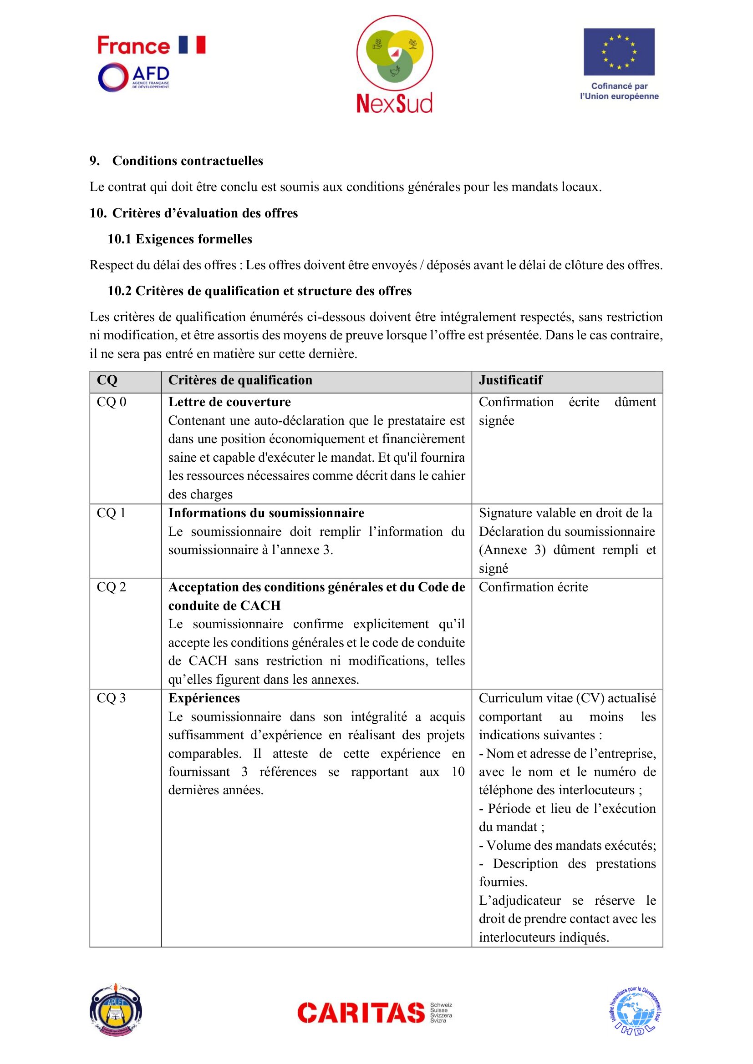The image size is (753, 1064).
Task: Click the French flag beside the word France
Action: click(x=192, y=45)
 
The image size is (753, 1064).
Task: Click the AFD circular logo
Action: click(x=112, y=77)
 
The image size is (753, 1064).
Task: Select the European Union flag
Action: click(x=619, y=52)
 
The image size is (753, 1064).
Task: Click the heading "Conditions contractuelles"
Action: click(x=187, y=161)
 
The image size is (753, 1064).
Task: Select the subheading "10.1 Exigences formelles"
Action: click(x=180, y=239)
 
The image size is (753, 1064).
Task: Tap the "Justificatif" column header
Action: click(x=510, y=380)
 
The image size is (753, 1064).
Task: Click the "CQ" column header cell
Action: click(x=107, y=380)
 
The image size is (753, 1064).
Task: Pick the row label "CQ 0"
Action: click(x=111, y=402)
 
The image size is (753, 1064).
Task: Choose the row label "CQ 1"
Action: click(x=111, y=513)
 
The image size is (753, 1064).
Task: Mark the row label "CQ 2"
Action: click(x=111, y=587)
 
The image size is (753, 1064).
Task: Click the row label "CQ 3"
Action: click(x=111, y=698)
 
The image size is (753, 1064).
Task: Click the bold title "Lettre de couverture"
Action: click(x=229, y=402)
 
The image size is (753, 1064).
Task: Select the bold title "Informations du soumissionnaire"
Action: click(x=266, y=513)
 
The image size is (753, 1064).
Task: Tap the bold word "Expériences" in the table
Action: click(x=204, y=698)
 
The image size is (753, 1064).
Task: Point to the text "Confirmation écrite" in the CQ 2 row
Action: click(x=533, y=587)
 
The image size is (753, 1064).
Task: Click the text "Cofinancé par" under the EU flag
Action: click(x=619, y=86)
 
